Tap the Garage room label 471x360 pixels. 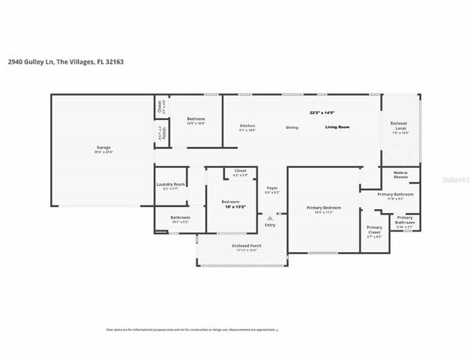pos(103,147)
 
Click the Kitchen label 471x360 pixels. pos(247,125)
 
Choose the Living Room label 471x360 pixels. pos(337,127)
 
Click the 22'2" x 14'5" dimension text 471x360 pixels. pos(322,112)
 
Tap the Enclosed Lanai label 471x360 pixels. pos(400,124)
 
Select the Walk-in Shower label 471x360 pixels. pos(400,175)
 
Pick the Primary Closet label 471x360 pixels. pos(373,229)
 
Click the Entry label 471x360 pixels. pos(270,224)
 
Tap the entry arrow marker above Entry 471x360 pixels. pos(270,217)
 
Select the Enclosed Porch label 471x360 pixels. pos(241,245)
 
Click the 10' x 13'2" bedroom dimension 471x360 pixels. pos(230,207)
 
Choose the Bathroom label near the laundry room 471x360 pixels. pos(181,217)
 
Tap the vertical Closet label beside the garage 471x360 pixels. pos(159,106)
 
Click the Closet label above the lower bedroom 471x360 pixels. pos(240,171)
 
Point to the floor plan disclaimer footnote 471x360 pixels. pos(190,329)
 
